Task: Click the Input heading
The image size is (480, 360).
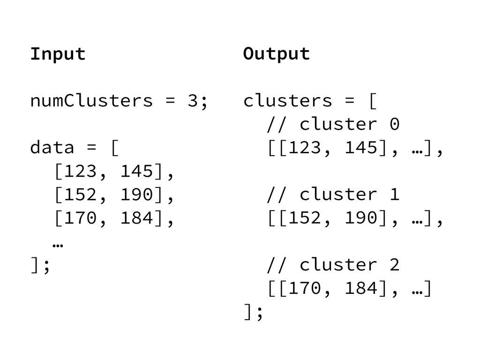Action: [58, 54]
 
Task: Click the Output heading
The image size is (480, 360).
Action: [277, 54]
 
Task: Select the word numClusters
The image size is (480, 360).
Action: [91, 101]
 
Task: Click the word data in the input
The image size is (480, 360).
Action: [52, 148]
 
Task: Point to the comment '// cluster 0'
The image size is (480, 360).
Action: [333, 125]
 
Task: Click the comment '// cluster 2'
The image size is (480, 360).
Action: [333, 265]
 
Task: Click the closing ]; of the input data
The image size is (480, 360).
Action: [40, 266]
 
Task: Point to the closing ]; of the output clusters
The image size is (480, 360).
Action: [253, 313]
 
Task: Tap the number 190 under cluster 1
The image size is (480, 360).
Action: [361, 218]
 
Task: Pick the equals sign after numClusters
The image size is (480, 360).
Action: [169, 101]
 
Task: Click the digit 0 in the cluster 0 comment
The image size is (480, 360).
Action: [395, 125]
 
